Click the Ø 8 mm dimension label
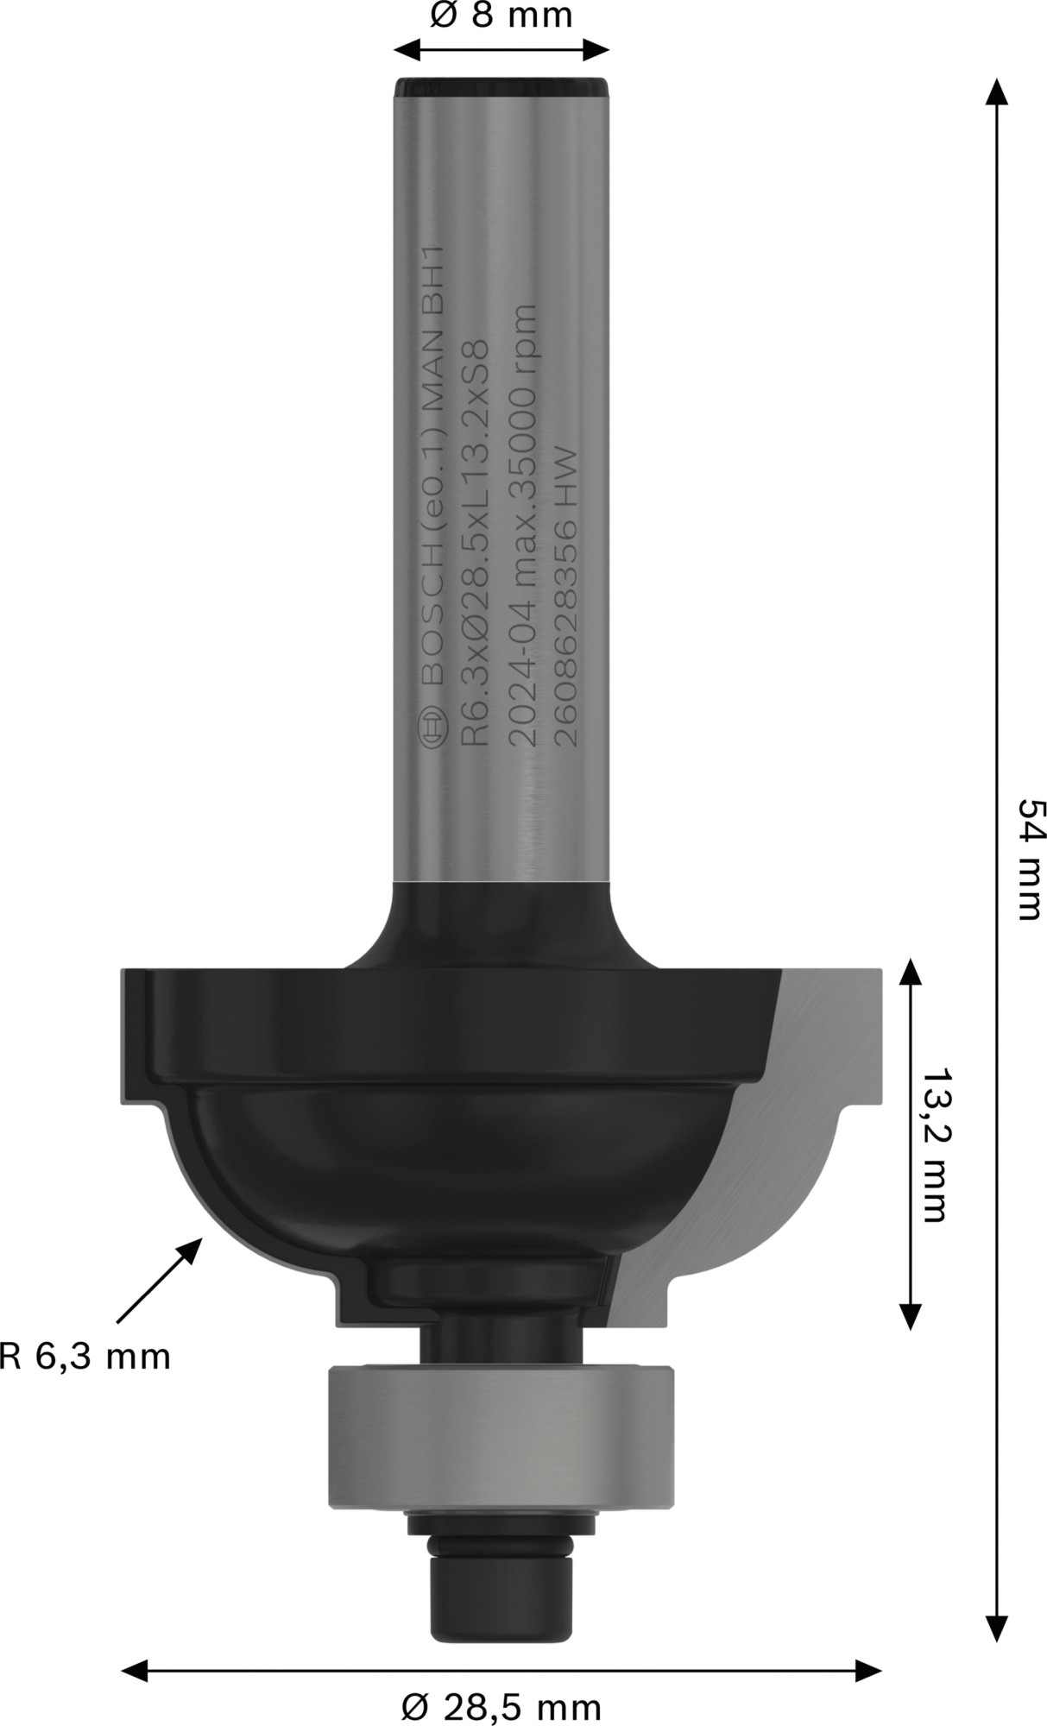tap(501, 15)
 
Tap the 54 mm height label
tap(1031, 860)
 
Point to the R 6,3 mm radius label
tap(85, 1357)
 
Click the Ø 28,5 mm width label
tap(501, 1706)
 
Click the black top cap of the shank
tap(502, 87)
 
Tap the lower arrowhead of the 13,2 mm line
tap(909, 1315)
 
